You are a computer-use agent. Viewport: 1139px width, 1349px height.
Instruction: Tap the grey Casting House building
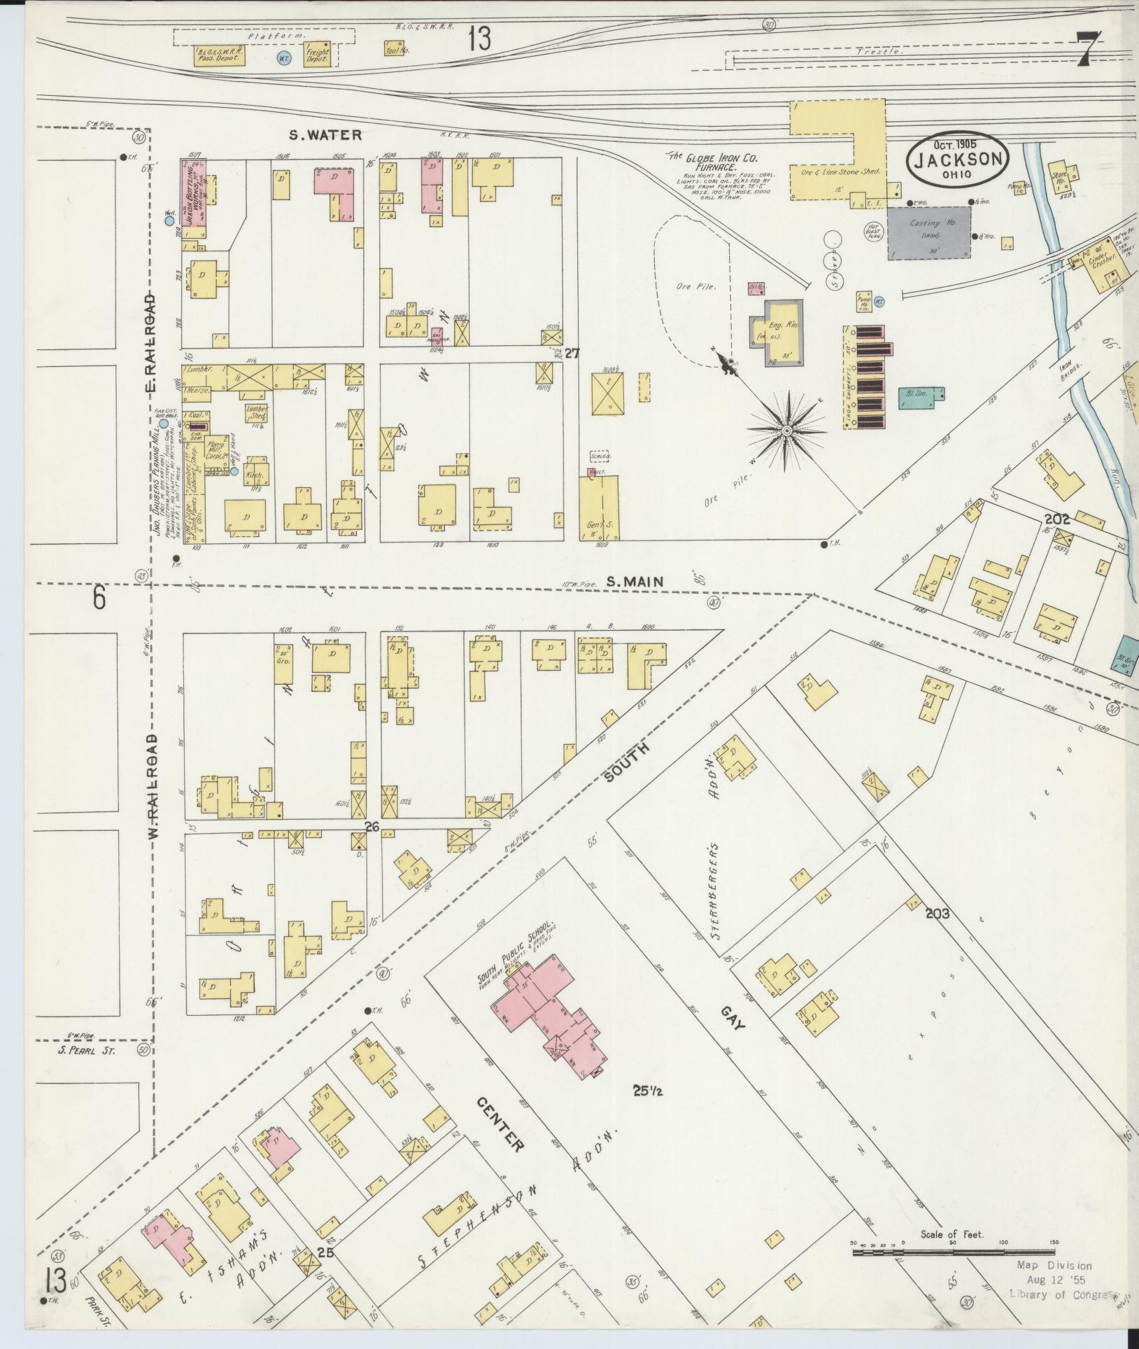coord(929,232)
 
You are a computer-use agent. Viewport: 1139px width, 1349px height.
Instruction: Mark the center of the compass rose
coord(786,431)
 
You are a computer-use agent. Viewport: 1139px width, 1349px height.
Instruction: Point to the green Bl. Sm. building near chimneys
coord(919,395)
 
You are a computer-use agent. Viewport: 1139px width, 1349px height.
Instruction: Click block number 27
coord(572,354)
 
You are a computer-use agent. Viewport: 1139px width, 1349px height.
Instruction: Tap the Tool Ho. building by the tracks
coord(396,48)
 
